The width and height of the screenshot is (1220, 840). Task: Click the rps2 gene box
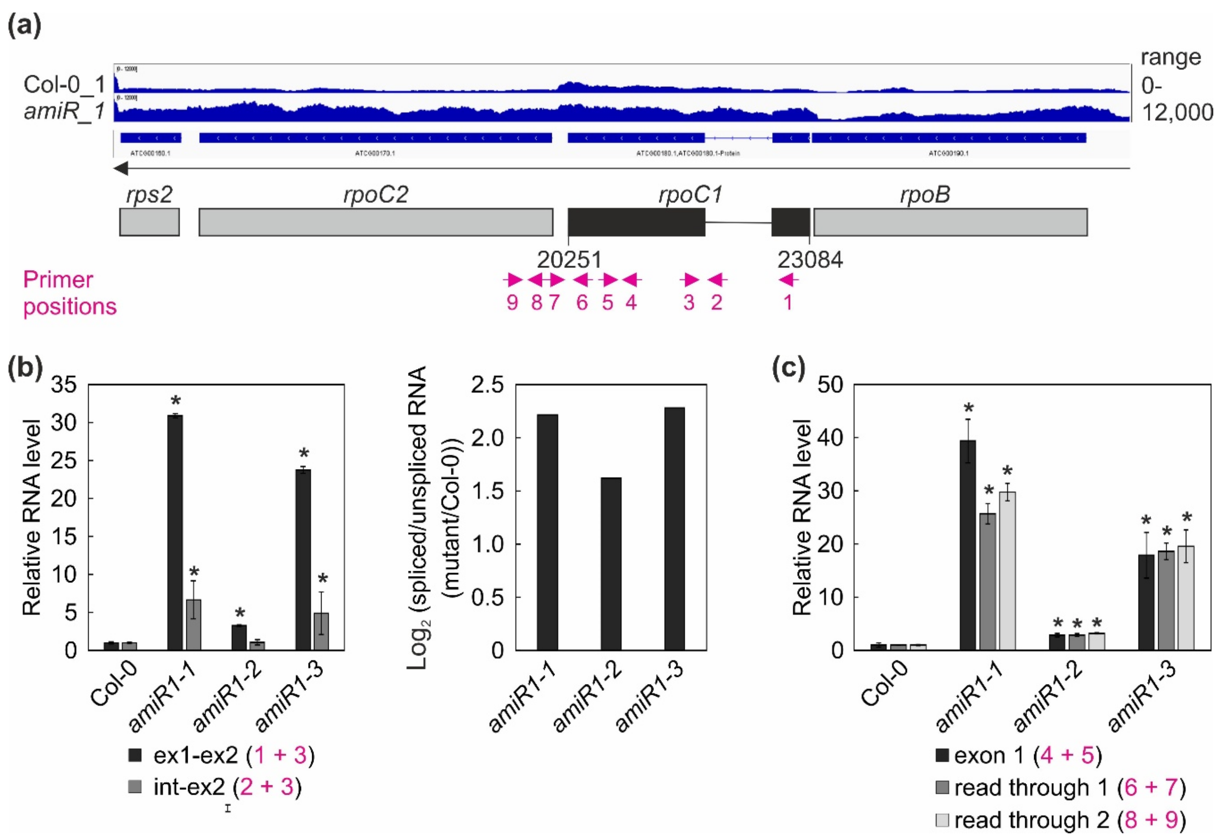pos(150,222)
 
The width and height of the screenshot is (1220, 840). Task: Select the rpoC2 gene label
pos(376,195)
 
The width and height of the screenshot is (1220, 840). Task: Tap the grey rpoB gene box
pos(950,222)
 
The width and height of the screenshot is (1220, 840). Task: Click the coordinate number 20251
pos(569,259)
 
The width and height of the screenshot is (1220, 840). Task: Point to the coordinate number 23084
pos(810,259)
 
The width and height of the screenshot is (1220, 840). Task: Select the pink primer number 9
pos(512,303)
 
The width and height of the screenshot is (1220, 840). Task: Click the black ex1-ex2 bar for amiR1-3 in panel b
pos(303,560)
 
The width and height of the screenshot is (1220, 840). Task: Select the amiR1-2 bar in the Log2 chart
pos(611,564)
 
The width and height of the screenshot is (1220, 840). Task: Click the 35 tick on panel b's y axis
pos(64,385)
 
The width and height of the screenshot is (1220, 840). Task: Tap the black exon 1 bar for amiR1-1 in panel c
pos(967,545)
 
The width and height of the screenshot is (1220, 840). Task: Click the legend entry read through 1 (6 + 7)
pos(1061,788)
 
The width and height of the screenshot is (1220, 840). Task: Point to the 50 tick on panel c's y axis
pos(830,385)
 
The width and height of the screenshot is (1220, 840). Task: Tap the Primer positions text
pos(69,293)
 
